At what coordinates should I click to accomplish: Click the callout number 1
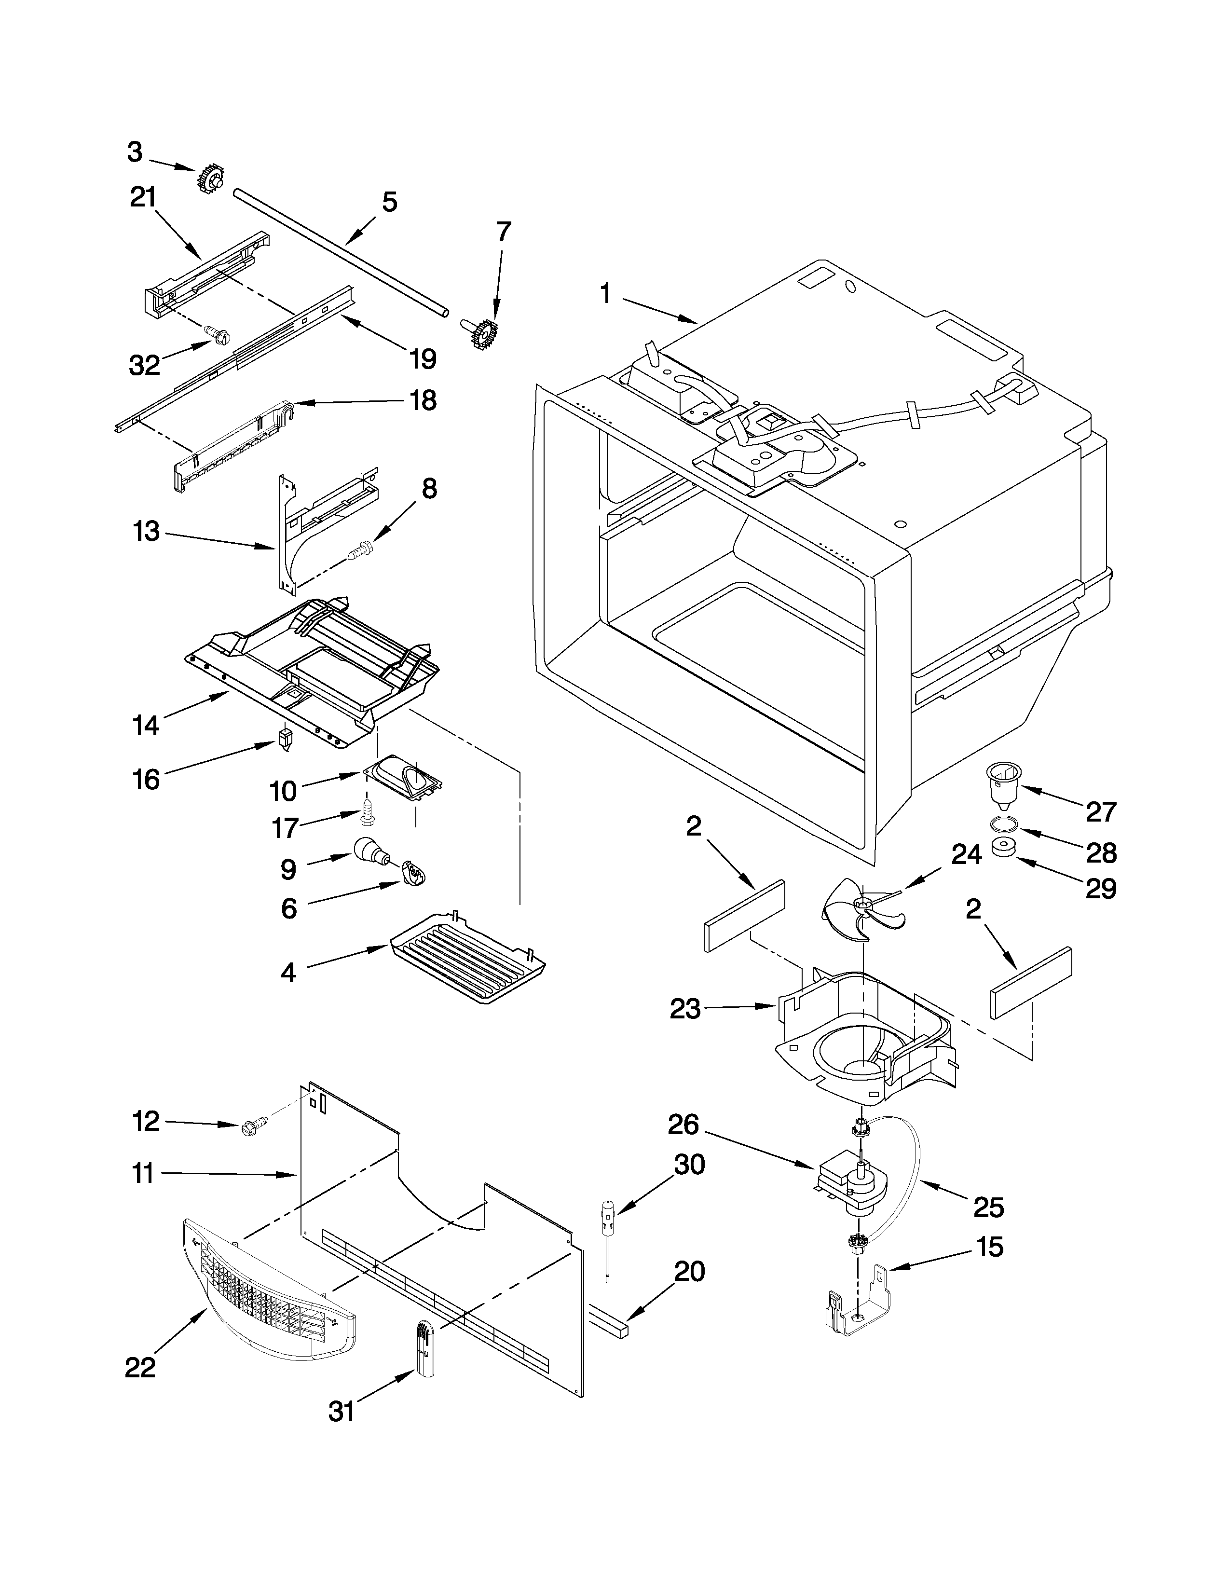point(605,294)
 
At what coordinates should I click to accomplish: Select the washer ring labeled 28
point(1005,824)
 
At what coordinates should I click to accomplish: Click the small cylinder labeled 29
point(1005,850)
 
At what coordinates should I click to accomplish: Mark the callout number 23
point(685,1010)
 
